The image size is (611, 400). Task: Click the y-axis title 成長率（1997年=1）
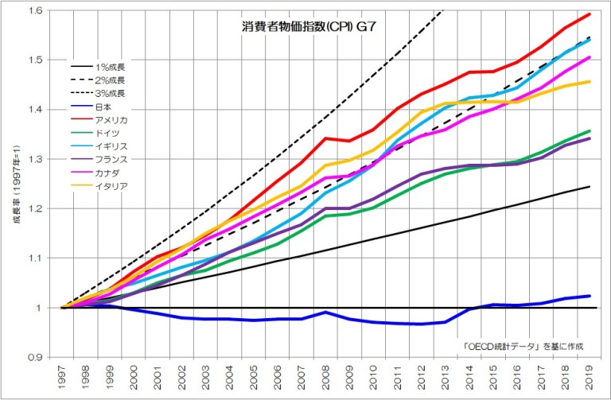pyautogui.click(x=15, y=184)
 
